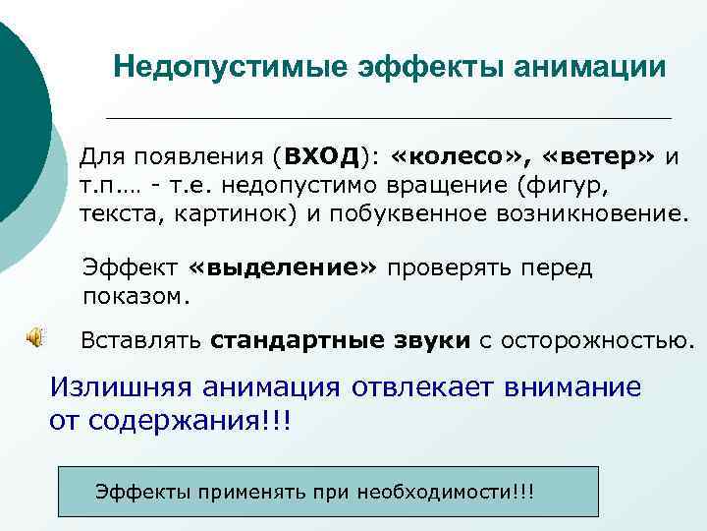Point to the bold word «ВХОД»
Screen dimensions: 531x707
pos(318,157)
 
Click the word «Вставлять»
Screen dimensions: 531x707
pos(140,341)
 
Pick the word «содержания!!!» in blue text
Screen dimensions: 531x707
pos(192,420)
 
